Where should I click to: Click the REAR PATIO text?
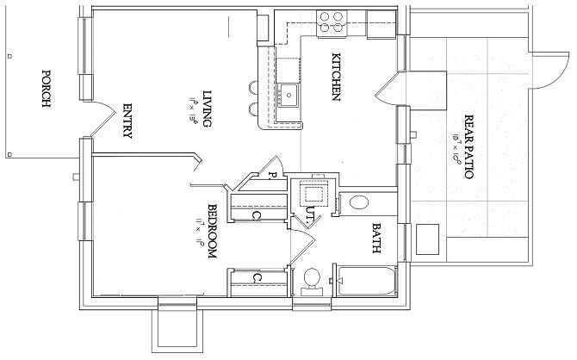469,146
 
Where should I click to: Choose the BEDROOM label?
213,231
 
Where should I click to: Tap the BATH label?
376,239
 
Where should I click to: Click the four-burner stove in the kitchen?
332,21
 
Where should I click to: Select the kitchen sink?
287,94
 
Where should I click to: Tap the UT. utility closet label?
308,213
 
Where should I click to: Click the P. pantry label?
270,175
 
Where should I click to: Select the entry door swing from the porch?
102,116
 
